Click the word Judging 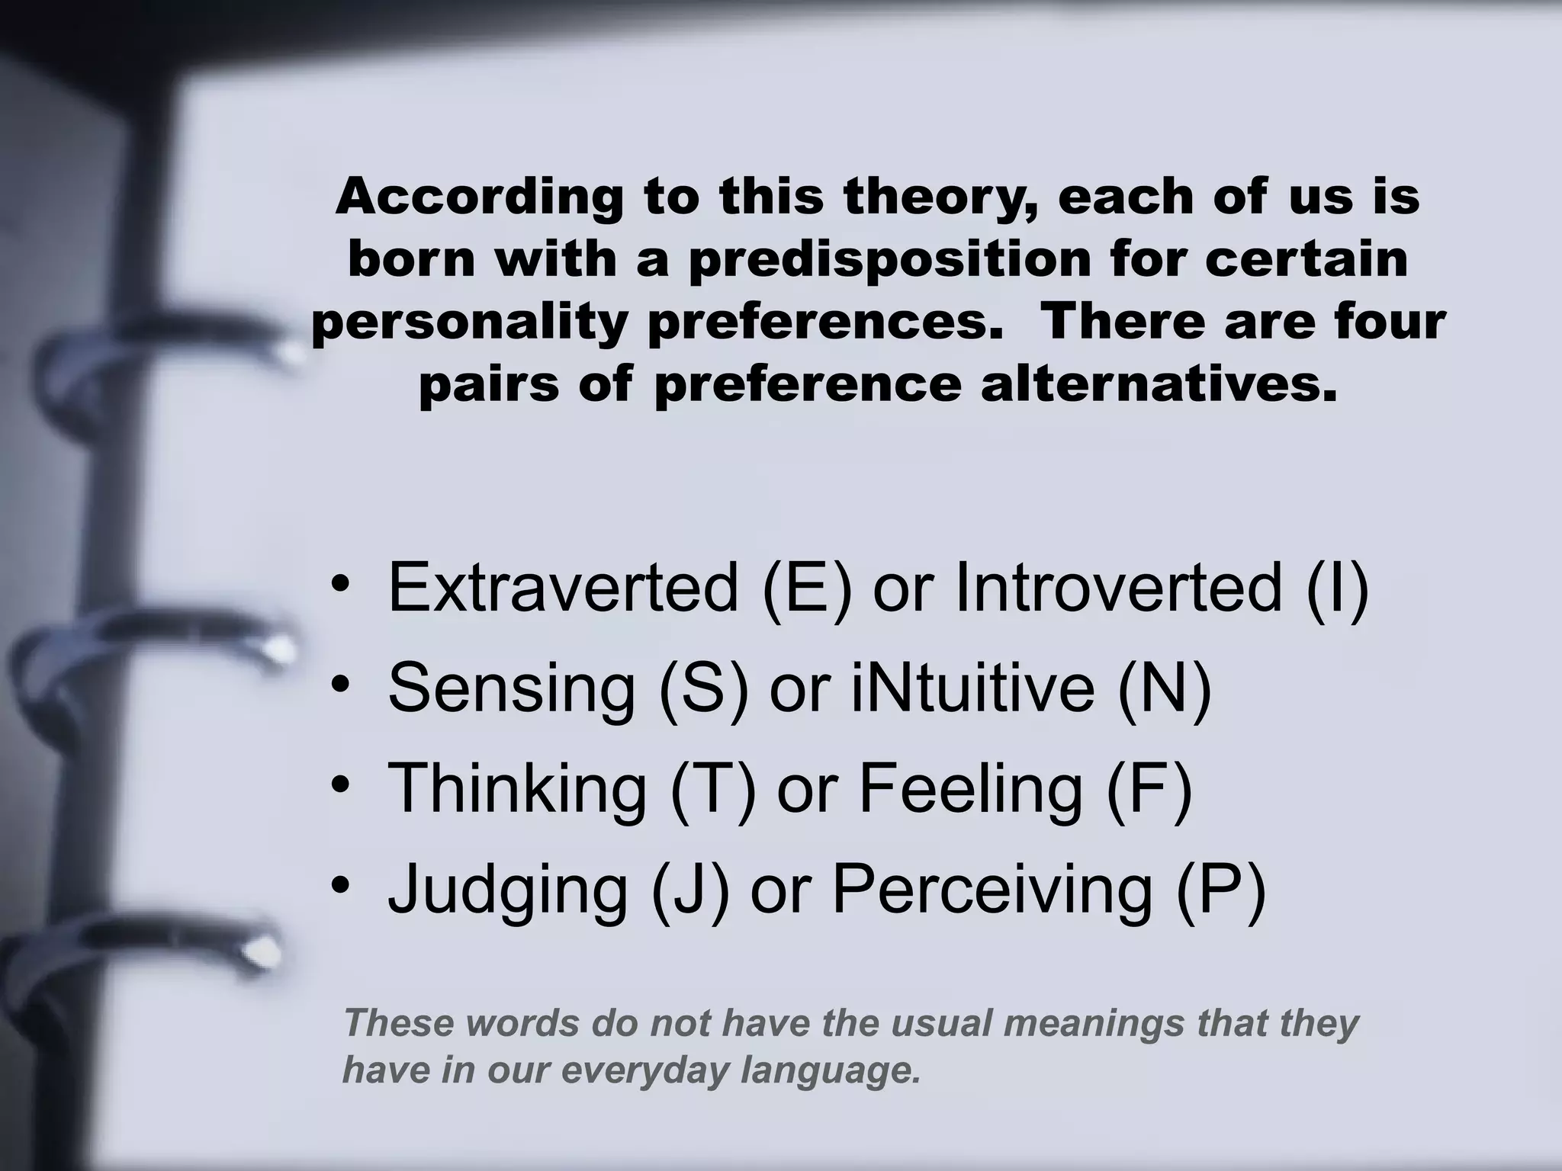(x=507, y=890)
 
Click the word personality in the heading (x=469, y=322)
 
